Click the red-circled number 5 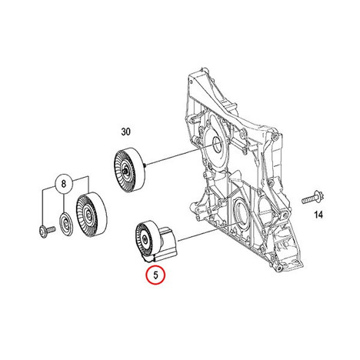pyautogui.click(x=155, y=275)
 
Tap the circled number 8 pyautogui.click(x=63, y=184)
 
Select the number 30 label pyautogui.click(x=125, y=132)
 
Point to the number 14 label pyautogui.click(x=318, y=215)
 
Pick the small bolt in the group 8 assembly pyautogui.click(x=47, y=230)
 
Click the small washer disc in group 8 pyautogui.click(x=66, y=224)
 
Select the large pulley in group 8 pyautogui.click(x=92, y=214)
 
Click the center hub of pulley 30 pyautogui.click(x=125, y=171)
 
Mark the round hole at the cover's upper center pyautogui.click(x=218, y=145)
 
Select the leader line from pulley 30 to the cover pyautogui.click(x=181, y=155)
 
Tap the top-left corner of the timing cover pyautogui.click(x=188, y=76)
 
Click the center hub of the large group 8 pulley pyautogui.click(x=88, y=215)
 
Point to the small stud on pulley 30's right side pyautogui.click(x=145, y=165)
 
